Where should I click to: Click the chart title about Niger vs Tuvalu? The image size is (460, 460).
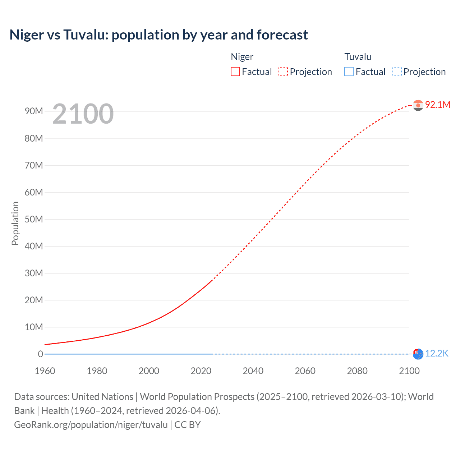tap(158, 35)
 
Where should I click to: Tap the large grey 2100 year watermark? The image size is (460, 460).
tap(83, 114)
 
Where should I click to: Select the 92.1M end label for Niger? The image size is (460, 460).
tap(437, 105)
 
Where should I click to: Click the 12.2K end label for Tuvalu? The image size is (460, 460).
tap(437, 354)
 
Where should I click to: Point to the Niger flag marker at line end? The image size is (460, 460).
tap(418, 105)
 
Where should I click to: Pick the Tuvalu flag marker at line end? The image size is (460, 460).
tap(418, 354)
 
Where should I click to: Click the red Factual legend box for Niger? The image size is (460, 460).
tap(235, 72)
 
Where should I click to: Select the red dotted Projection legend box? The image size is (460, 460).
tap(283, 72)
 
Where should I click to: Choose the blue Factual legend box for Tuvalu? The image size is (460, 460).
tap(349, 72)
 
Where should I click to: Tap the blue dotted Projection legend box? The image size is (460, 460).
tap(397, 72)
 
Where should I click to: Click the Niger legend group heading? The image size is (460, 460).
tap(242, 57)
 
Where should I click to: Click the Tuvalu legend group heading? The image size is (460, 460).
tap(358, 57)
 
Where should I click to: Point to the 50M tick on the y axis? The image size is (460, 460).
tap(34, 219)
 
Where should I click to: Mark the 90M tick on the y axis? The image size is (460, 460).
tap(34, 111)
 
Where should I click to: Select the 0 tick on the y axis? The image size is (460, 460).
tap(40, 354)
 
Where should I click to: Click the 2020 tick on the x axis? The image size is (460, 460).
tap(201, 371)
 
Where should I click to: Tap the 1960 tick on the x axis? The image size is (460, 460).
tap(45, 371)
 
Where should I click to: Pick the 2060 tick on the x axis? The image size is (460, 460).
tap(305, 371)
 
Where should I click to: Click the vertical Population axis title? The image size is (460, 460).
tap(15, 223)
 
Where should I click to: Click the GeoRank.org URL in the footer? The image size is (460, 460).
tap(91, 425)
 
